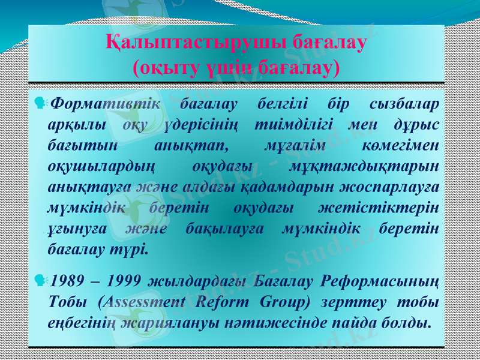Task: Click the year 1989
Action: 67,280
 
